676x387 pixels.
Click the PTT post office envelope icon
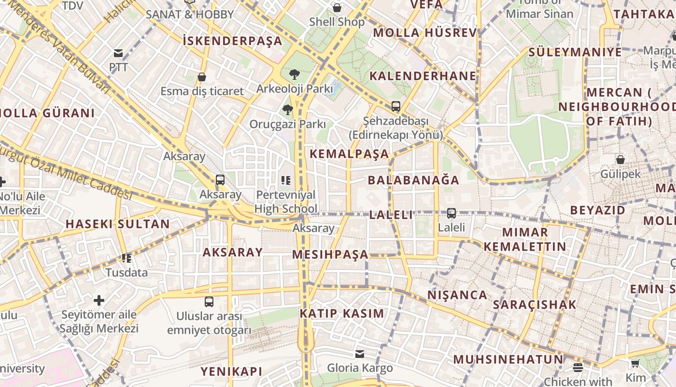(118, 53)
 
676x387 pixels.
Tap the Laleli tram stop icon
(451, 213)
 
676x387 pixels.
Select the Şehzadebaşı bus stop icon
(395, 106)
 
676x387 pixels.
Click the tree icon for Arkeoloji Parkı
(294, 74)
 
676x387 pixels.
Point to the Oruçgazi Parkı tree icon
(288, 110)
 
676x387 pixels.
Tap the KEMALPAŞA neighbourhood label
(349, 154)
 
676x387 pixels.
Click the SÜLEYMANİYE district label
(575, 52)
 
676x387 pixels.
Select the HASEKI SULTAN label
(118, 224)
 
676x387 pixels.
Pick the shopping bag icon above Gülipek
(620, 159)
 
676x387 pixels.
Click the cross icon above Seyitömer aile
(99, 300)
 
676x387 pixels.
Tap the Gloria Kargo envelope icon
(360, 354)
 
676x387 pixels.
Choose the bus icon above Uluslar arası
(209, 302)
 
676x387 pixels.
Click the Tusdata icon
(127, 258)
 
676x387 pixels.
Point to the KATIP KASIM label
(342, 313)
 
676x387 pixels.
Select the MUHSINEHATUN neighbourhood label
(508, 359)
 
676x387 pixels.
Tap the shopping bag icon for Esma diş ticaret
(202, 77)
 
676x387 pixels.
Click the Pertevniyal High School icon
(285, 180)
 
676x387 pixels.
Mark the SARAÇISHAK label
(535, 305)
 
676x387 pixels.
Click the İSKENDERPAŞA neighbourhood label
(233, 41)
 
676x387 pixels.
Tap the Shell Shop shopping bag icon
(337, 8)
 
